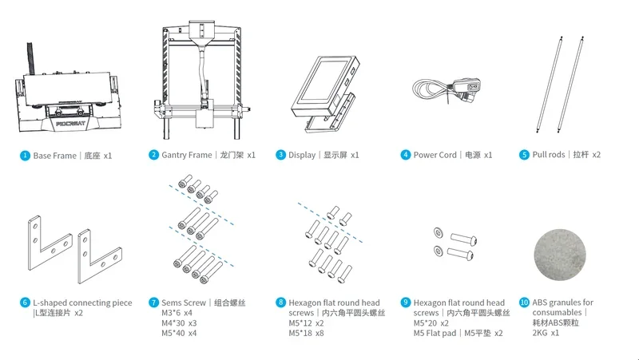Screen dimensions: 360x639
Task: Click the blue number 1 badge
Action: (x=26, y=156)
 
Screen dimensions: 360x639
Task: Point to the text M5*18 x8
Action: (x=307, y=333)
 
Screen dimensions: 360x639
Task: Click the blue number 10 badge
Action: (x=524, y=303)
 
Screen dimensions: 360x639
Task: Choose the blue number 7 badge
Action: (x=153, y=303)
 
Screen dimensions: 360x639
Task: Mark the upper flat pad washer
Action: (x=436, y=231)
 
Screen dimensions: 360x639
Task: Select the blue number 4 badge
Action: (x=406, y=156)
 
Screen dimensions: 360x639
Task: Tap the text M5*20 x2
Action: (x=431, y=323)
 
